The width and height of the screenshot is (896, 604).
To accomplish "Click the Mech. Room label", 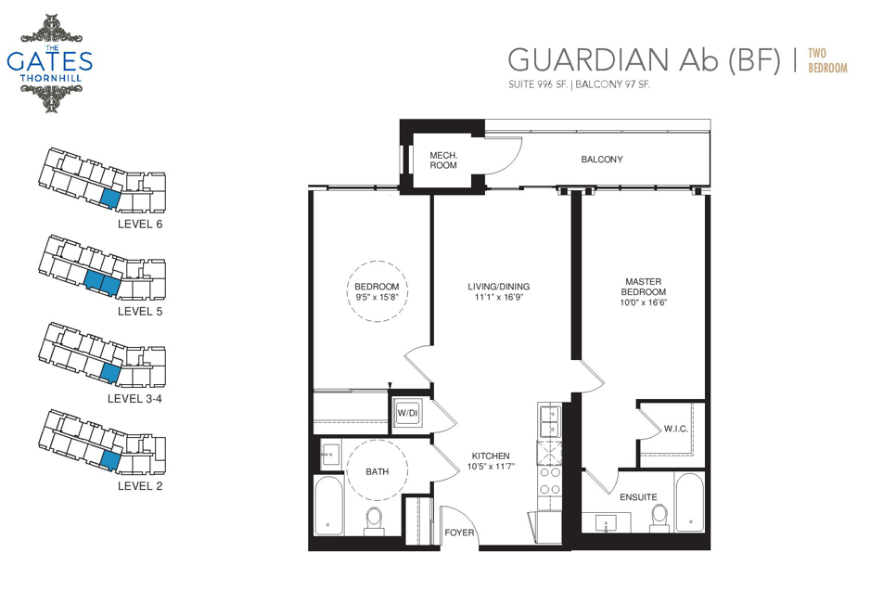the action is [x=443, y=161].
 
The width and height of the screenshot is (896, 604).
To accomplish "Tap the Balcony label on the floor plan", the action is [x=602, y=160].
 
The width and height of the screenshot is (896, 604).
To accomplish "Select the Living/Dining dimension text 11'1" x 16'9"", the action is [x=499, y=297].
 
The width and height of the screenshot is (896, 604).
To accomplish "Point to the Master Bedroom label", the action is [x=644, y=287].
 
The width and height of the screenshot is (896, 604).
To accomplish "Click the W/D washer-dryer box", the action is [x=408, y=413].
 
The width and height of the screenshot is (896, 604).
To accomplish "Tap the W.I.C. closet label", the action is [x=675, y=429].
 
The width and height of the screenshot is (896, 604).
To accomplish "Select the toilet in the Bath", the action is [x=374, y=520].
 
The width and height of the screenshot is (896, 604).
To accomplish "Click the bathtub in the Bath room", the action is [x=328, y=505].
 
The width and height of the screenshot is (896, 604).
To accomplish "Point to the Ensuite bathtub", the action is [x=690, y=502].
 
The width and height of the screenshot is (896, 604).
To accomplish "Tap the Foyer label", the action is [x=459, y=533].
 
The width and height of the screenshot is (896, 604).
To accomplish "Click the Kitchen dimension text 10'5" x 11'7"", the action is [x=491, y=467].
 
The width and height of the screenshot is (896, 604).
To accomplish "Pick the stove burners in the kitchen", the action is [x=550, y=481].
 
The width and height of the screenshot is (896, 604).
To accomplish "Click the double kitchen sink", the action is [x=550, y=421].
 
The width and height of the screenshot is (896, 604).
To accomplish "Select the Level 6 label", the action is [x=140, y=224].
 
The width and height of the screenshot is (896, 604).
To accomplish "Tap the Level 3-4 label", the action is [x=134, y=398].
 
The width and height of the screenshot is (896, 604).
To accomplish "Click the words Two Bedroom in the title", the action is [x=827, y=60].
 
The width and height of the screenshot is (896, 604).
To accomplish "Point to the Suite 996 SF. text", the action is [x=538, y=84].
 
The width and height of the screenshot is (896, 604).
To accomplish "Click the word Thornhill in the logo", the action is [x=50, y=78].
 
